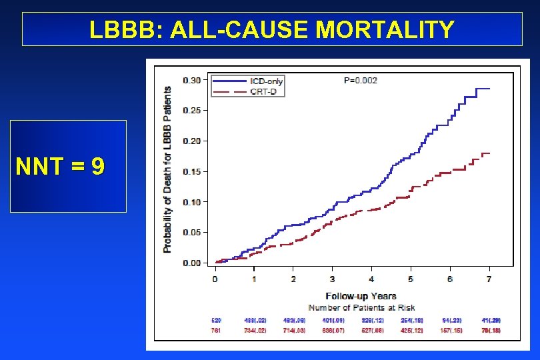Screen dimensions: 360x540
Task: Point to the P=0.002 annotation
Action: click(360, 81)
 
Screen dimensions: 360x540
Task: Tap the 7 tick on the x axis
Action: click(489, 278)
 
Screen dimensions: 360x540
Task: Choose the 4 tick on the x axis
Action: click(371, 278)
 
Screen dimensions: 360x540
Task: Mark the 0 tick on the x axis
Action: click(215, 278)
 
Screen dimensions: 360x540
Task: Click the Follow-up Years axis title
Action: click(361, 296)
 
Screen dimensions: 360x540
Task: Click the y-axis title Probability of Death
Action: click(167, 170)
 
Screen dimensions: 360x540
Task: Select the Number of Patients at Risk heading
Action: click(361, 307)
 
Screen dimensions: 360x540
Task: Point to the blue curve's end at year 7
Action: click(489, 89)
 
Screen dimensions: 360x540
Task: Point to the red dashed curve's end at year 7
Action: click(489, 153)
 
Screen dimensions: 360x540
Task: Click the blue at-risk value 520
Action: click(216, 321)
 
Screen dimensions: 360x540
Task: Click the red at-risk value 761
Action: click(216, 331)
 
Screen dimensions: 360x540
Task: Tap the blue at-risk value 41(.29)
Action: click(491, 321)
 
